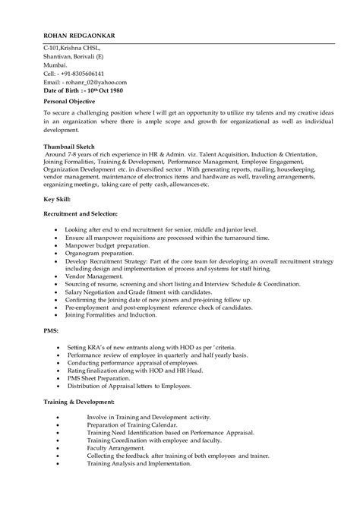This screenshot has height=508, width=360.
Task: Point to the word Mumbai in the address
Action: point(55,65)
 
